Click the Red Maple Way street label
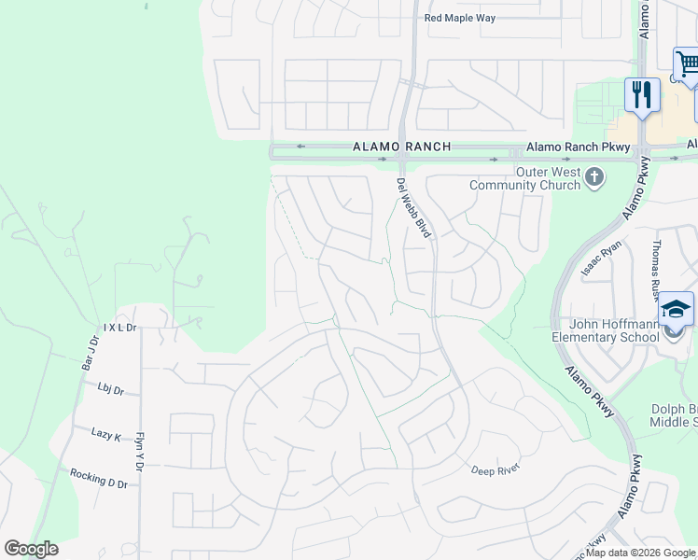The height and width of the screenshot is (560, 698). coord(460,18)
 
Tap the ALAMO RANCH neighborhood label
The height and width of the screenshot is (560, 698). coord(401,147)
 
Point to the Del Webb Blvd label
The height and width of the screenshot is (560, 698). coord(412,207)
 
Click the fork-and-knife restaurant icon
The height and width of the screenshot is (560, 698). coord(642,95)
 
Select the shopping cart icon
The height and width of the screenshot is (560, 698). coord(688,65)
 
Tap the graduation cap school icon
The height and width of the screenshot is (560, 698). coord(677,311)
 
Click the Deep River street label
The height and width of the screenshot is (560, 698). coord(494,470)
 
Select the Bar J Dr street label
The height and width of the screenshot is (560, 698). coord(90,353)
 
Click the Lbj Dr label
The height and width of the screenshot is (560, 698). coord(110,390)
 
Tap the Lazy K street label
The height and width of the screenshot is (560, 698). coord(106,435)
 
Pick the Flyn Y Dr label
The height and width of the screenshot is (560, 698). coord(141,451)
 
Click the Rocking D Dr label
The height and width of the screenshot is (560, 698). coord(98,478)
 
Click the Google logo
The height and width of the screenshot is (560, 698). coord(31,549)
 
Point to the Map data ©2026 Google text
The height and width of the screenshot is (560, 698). coord(640,553)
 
